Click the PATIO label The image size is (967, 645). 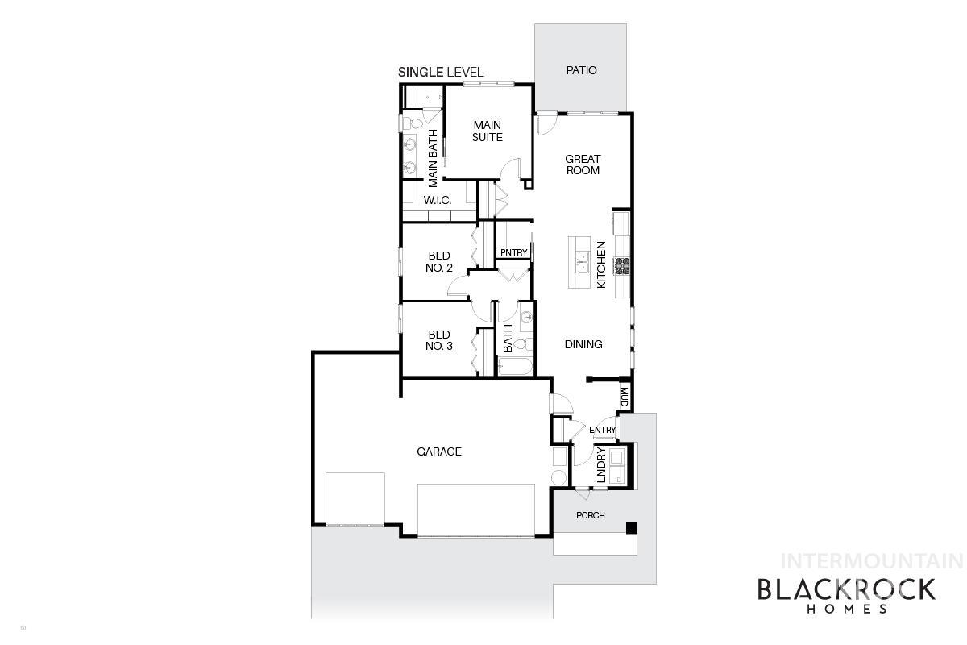point(581,70)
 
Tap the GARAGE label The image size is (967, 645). point(439,451)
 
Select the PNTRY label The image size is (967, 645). point(513,253)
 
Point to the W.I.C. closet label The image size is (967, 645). point(437,200)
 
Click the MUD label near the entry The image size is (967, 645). point(625,396)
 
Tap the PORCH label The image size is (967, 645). point(590,515)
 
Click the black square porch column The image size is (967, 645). point(632,528)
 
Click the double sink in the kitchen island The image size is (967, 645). point(581,261)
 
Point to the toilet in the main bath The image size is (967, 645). point(409,123)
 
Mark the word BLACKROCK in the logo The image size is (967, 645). point(845,590)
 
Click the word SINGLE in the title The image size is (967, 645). point(421,73)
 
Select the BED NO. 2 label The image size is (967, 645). point(438,262)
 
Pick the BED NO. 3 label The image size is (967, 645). point(439,340)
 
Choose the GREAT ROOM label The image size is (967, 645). point(583,164)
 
